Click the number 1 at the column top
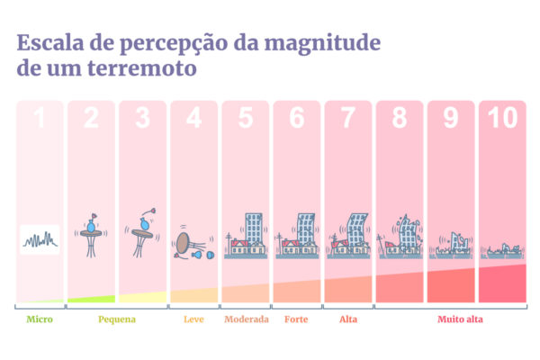(40, 119)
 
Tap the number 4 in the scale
(193, 119)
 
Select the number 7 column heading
(347, 119)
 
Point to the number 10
(501, 119)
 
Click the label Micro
(39, 319)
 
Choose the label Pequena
(116, 319)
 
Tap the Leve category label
(193, 319)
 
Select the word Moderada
(246, 319)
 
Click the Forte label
(296, 319)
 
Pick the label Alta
(348, 319)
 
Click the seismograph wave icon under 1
(40, 240)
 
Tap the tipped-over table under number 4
(185, 242)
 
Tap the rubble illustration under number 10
(501, 250)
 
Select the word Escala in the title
(50, 42)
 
